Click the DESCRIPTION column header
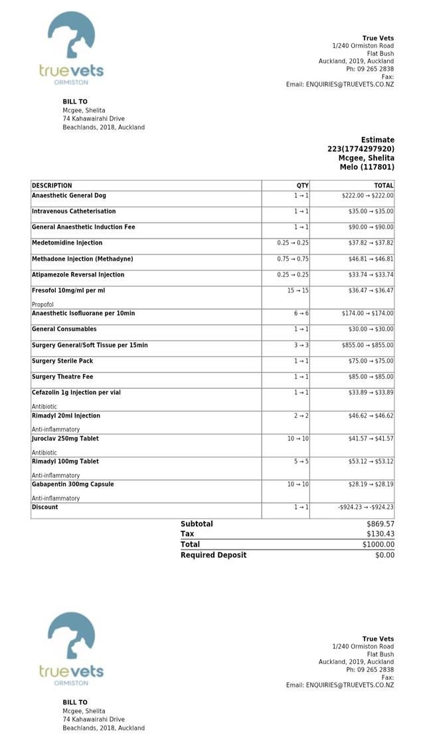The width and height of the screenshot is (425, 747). click(52, 185)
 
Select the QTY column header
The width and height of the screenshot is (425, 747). click(302, 185)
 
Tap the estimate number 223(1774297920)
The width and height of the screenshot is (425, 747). click(361, 149)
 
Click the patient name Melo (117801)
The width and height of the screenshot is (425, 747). click(367, 167)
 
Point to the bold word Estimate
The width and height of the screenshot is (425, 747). click(377, 140)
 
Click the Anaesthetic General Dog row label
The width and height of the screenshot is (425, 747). click(69, 195)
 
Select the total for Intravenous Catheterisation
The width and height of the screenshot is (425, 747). click(371, 211)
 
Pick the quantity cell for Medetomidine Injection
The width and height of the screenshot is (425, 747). click(293, 243)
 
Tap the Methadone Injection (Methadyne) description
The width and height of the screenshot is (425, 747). click(82, 259)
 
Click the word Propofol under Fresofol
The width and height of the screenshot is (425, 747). click(42, 304)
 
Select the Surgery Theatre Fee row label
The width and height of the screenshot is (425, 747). click(62, 377)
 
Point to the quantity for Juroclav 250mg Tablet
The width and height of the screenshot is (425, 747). click(297, 439)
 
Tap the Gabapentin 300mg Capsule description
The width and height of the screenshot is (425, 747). click(73, 484)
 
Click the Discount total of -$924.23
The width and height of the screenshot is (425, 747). click(365, 507)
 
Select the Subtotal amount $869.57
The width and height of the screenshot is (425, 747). click(381, 524)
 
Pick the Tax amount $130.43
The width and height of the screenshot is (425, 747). click(381, 534)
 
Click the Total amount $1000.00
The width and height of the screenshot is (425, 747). click(379, 544)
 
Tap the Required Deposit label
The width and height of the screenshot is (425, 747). click(213, 555)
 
